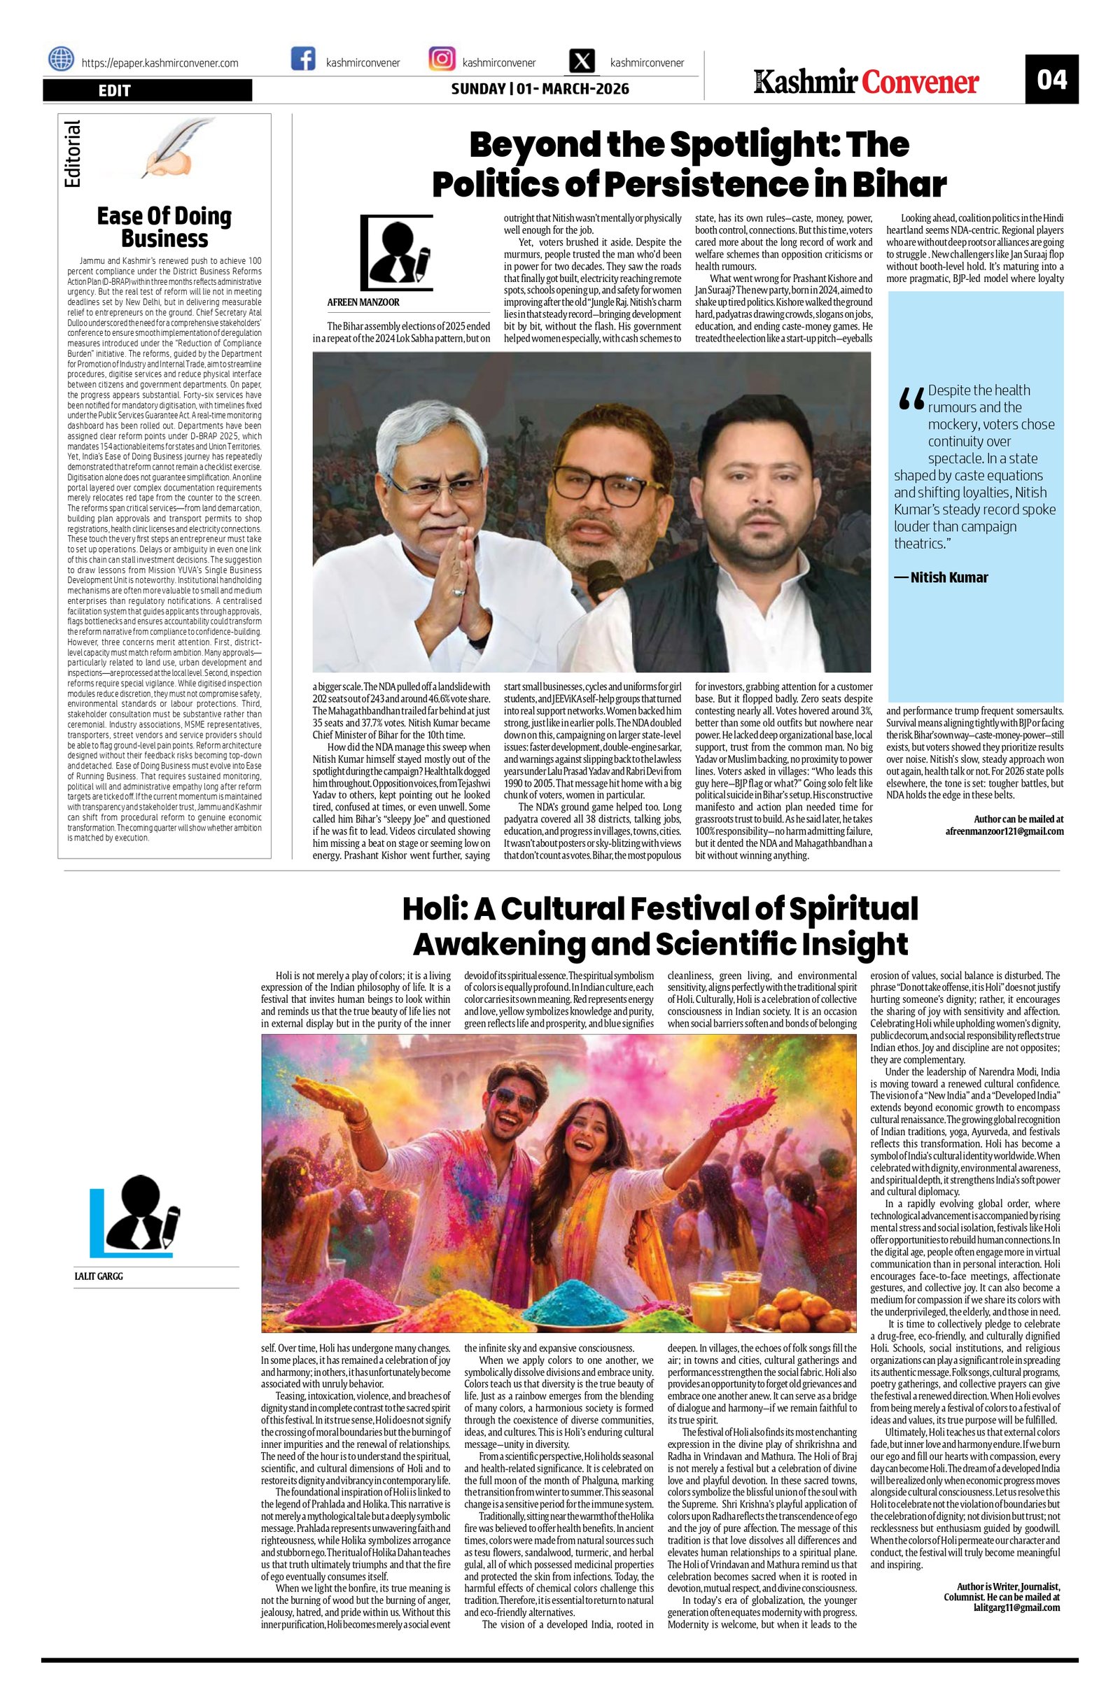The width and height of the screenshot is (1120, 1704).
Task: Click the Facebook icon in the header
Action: click(x=303, y=59)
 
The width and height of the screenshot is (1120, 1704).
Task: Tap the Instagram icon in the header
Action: click(x=442, y=59)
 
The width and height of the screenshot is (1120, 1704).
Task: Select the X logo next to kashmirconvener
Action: click(x=584, y=61)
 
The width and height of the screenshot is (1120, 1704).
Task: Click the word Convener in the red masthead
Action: click(x=920, y=83)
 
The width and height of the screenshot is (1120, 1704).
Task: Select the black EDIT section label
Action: click(x=147, y=90)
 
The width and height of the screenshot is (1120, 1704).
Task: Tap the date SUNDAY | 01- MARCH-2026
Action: click(x=540, y=90)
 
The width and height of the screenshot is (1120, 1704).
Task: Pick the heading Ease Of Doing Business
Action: click(x=164, y=227)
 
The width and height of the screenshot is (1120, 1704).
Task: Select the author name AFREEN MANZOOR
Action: click(x=363, y=303)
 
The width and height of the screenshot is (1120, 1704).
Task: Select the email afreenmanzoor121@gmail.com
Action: click(x=1004, y=831)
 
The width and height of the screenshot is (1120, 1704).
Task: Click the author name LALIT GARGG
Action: click(x=99, y=1276)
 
